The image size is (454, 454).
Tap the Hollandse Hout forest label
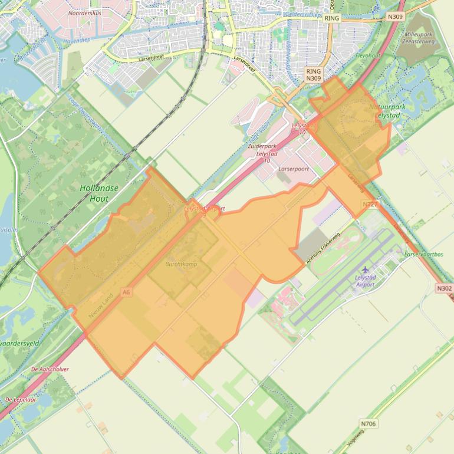tap(98, 193)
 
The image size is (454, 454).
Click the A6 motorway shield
tap(125, 291)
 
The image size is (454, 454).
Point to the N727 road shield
tap(369, 204)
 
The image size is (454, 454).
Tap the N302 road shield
tap(445, 288)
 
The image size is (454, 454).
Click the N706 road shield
tap(368, 423)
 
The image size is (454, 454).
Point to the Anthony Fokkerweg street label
tap(323, 248)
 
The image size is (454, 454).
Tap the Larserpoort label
tap(293, 168)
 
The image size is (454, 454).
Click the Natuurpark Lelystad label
tap(387, 111)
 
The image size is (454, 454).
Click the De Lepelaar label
tap(21, 399)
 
